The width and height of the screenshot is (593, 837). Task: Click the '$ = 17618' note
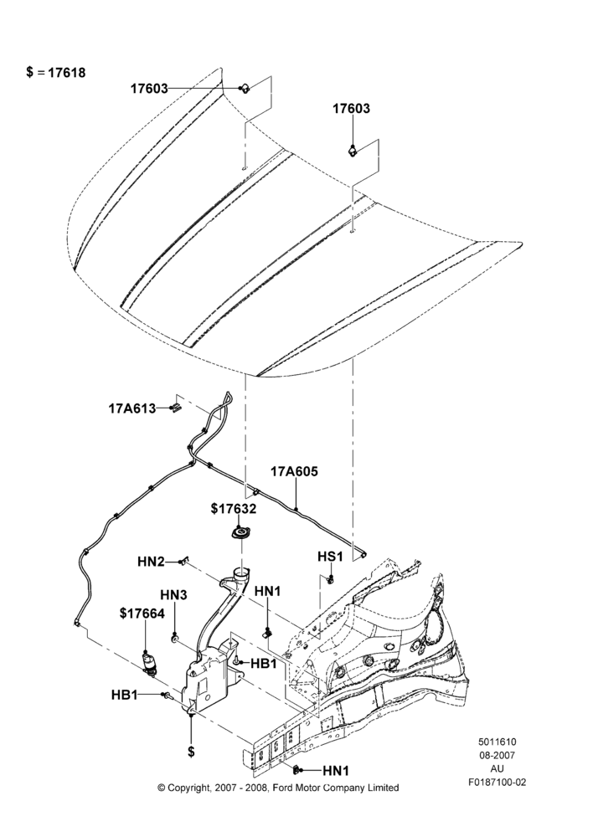click(55, 73)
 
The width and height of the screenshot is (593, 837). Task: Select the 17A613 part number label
click(132, 409)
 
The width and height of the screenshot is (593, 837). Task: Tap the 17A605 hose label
click(294, 471)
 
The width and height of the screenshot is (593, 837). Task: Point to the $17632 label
click(234, 509)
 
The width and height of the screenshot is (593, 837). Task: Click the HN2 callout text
click(151, 562)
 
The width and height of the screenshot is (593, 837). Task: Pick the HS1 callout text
click(330, 557)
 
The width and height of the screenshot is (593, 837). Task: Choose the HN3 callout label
click(173, 594)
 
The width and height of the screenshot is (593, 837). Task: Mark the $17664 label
click(142, 614)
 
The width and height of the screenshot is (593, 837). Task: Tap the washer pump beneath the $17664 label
click(149, 663)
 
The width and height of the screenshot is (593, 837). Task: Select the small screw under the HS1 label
click(331, 578)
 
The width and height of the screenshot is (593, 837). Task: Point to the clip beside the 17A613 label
click(175, 408)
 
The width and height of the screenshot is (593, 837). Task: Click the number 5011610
click(497, 742)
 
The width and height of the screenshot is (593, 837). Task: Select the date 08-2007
click(497, 755)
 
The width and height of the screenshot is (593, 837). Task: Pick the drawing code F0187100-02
click(497, 782)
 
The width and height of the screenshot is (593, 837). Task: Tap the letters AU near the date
click(497, 768)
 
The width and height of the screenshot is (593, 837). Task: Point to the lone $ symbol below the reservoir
click(191, 751)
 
